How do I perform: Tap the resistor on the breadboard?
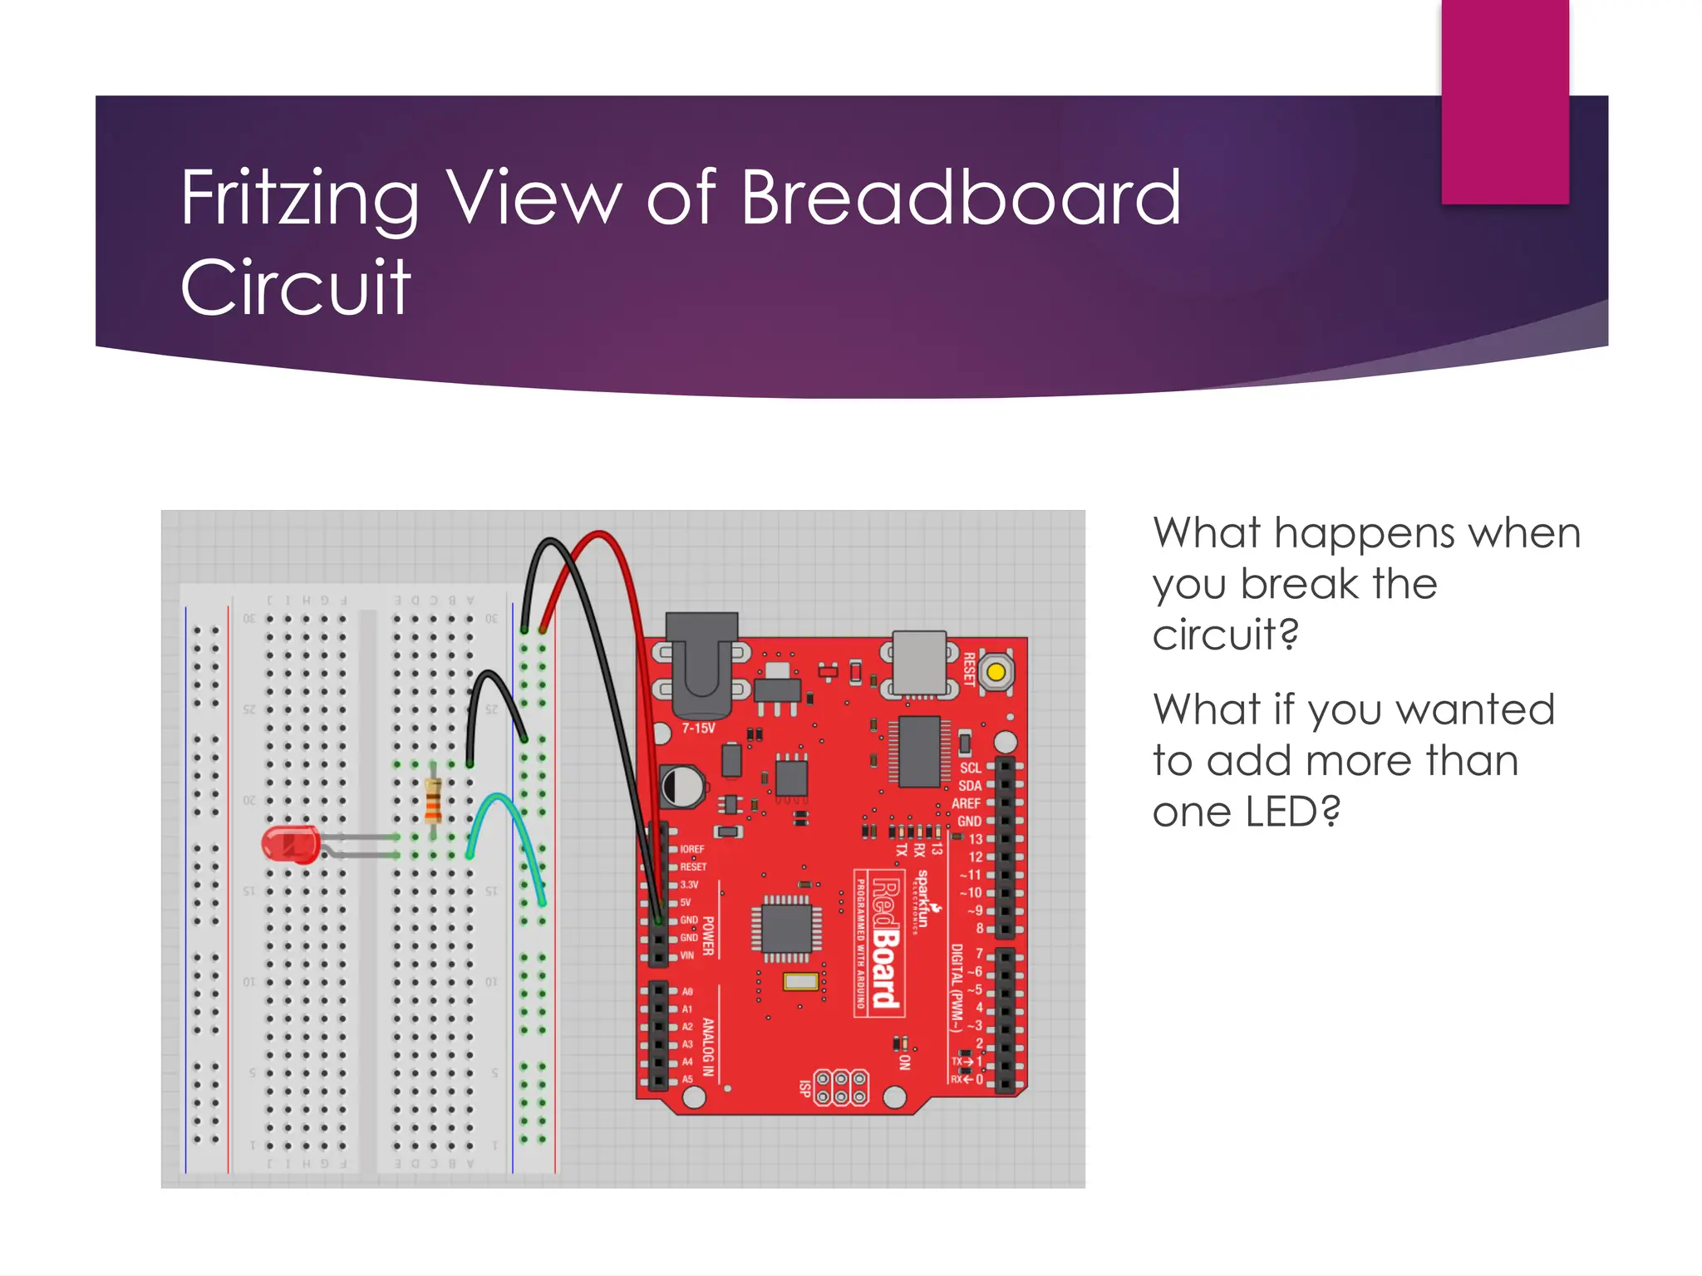click(432, 801)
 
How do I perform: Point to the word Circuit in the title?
click(295, 287)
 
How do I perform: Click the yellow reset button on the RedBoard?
click(996, 671)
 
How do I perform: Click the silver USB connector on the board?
click(919, 663)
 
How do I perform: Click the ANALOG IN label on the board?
click(708, 1047)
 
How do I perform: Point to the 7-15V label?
click(698, 729)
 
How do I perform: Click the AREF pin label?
click(966, 803)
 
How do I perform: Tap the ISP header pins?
click(840, 1088)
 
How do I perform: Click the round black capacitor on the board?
click(681, 786)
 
